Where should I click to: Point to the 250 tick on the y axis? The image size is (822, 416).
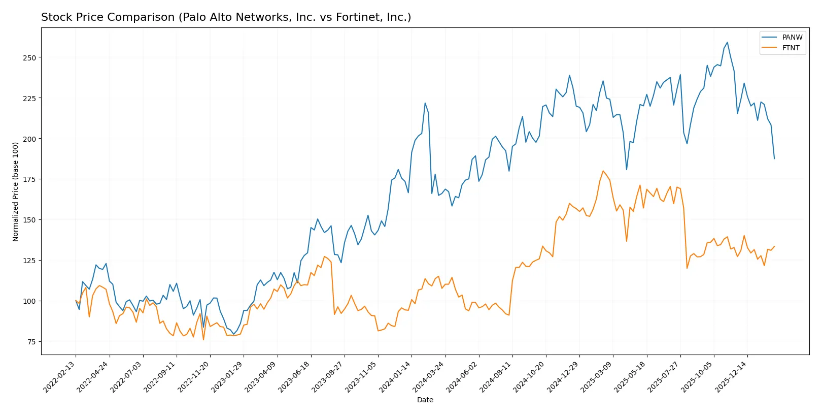(29, 58)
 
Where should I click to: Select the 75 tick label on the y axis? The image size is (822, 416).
(31, 342)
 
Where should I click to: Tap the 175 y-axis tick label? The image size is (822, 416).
(29, 179)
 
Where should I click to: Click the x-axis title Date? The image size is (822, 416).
(425, 400)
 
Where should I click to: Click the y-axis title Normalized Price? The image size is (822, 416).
(16, 191)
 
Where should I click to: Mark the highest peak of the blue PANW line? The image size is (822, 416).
(727, 42)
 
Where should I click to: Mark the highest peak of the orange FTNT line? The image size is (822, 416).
(603, 171)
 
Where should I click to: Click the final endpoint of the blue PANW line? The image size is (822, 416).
(774, 158)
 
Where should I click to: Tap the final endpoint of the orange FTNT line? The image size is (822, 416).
(774, 246)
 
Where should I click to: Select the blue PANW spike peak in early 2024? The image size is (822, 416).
(425, 103)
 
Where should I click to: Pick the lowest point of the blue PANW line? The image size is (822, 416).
(233, 334)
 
